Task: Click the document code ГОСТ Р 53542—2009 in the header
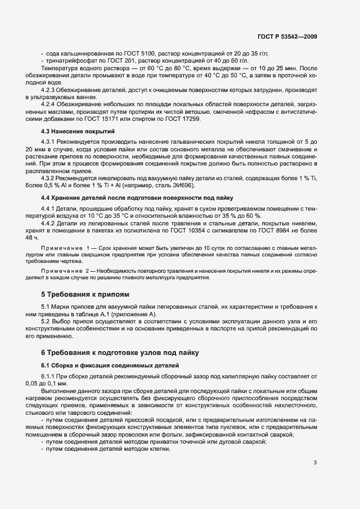pos(287,36)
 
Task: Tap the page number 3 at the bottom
pos(315,463)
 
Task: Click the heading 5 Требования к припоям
pos(86,294)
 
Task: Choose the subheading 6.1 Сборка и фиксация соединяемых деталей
pos(111,364)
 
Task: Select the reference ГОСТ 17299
pos(184,118)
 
